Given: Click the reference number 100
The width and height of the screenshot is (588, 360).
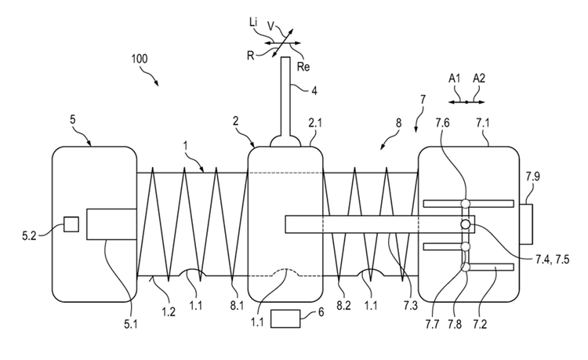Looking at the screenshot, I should coord(140,60).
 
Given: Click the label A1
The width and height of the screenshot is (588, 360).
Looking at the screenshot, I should coord(455,78).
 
